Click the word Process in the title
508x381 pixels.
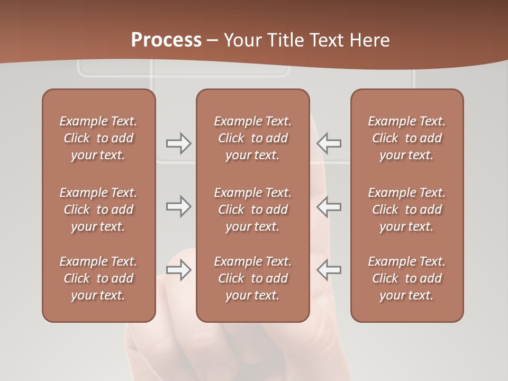(x=166, y=40)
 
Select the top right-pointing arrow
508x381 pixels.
(x=178, y=143)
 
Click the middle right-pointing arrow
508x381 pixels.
(x=178, y=206)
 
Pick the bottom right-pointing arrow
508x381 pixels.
(x=178, y=270)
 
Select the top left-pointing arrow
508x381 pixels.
(x=329, y=143)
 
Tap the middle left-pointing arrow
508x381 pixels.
(x=329, y=206)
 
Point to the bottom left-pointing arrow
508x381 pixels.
(x=329, y=270)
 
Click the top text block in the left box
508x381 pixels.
(x=98, y=138)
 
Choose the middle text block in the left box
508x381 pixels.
(x=98, y=210)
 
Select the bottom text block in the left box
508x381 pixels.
(x=98, y=278)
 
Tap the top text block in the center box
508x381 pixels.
(x=253, y=138)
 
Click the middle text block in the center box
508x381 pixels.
(x=253, y=210)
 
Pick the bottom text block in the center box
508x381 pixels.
(x=253, y=278)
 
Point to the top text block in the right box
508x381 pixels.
(x=407, y=138)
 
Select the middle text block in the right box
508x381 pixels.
(x=407, y=210)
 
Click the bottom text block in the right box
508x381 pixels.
(x=407, y=278)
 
